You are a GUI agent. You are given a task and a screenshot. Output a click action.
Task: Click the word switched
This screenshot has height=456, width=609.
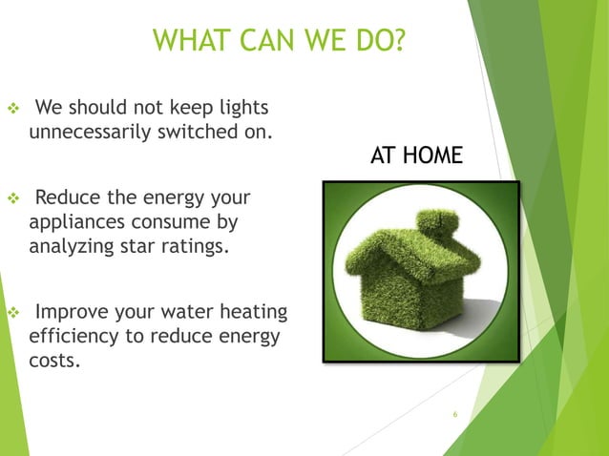(199, 131)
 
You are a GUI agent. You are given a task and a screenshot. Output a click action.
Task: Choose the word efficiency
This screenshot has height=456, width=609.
(74, 338)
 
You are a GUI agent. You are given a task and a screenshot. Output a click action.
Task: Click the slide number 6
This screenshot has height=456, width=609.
(456, 414)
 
